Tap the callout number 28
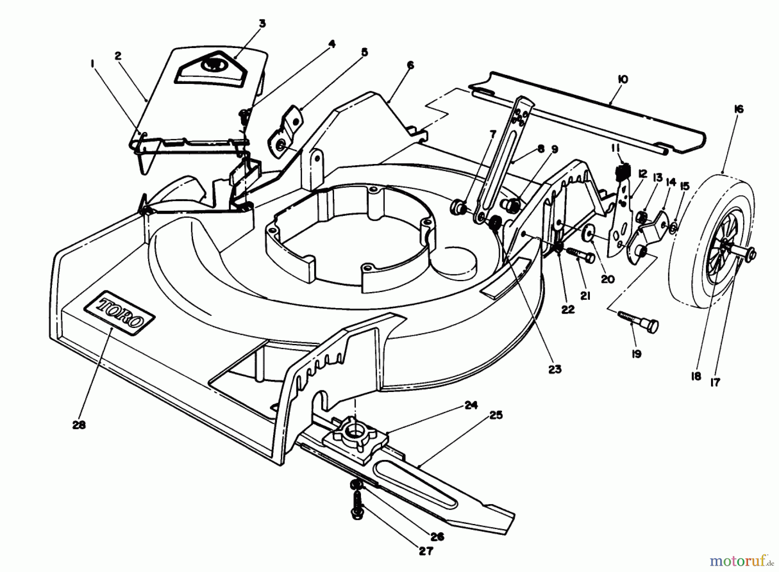pyautogui.click(x=79, y=424)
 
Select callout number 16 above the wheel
pyautogui.click(x=738, y=109)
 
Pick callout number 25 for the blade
pyautogui.click(x=496, y=415)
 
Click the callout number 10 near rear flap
pyautogui.click(x=623, y=80)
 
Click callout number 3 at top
pyautogui.click(x=262, y=23)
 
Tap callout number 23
pyautogui.click(x=554, y=369)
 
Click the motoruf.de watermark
pyautogui.click(x=741, y=561)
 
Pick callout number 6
pyautogui.click(x=410, y=65)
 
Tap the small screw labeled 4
pyautogui.click(x=244, y=114)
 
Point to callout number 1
pyautogui.click(x=92, y=64)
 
